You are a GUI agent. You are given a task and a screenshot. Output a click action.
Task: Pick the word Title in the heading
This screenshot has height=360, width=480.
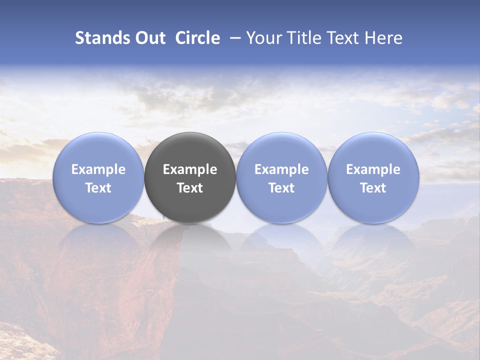pos(302,38)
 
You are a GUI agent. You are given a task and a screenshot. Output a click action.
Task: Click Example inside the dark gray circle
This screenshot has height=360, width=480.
pos(190,169)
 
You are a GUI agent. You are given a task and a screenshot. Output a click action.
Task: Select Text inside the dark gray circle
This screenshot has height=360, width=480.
pos(190,188)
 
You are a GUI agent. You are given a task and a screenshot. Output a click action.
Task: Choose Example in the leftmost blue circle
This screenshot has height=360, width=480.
pos(98,169)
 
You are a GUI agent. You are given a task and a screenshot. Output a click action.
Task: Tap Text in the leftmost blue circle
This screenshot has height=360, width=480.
pos(98,188)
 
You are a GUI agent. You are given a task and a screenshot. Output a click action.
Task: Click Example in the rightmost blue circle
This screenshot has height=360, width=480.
pos(373,169)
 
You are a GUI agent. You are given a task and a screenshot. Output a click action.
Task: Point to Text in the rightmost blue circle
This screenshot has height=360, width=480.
pos(373,188)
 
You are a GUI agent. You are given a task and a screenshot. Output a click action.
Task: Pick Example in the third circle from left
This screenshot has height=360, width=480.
pos(281,169)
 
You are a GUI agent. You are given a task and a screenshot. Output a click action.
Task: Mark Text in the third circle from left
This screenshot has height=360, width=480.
pos(281,188)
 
